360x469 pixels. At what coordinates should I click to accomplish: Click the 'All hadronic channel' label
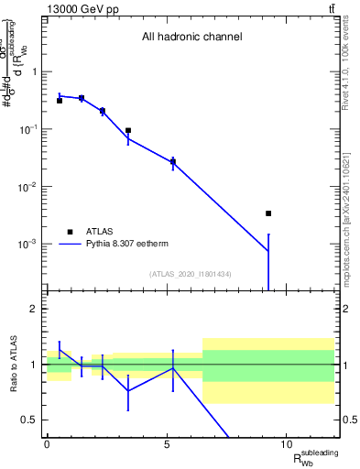click(x=191, y=38)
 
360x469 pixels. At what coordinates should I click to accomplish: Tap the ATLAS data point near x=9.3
click(x=268, y=213)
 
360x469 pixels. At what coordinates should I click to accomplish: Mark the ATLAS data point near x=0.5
click(x=60, y=101)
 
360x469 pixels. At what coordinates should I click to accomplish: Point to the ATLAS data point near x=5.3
click(x=173, y=162)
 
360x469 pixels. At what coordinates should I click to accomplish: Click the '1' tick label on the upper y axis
click(x=34, y=71)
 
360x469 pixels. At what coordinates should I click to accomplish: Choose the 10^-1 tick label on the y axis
click(x=29, y=129)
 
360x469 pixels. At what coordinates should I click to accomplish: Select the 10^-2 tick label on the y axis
click(x=29, y=187)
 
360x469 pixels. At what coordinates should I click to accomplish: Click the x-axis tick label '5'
click(x=167, y=444)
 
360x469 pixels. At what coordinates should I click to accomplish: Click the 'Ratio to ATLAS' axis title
click(x=12, y=364)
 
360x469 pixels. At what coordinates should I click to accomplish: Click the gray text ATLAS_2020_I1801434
click(x=191, y=274)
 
